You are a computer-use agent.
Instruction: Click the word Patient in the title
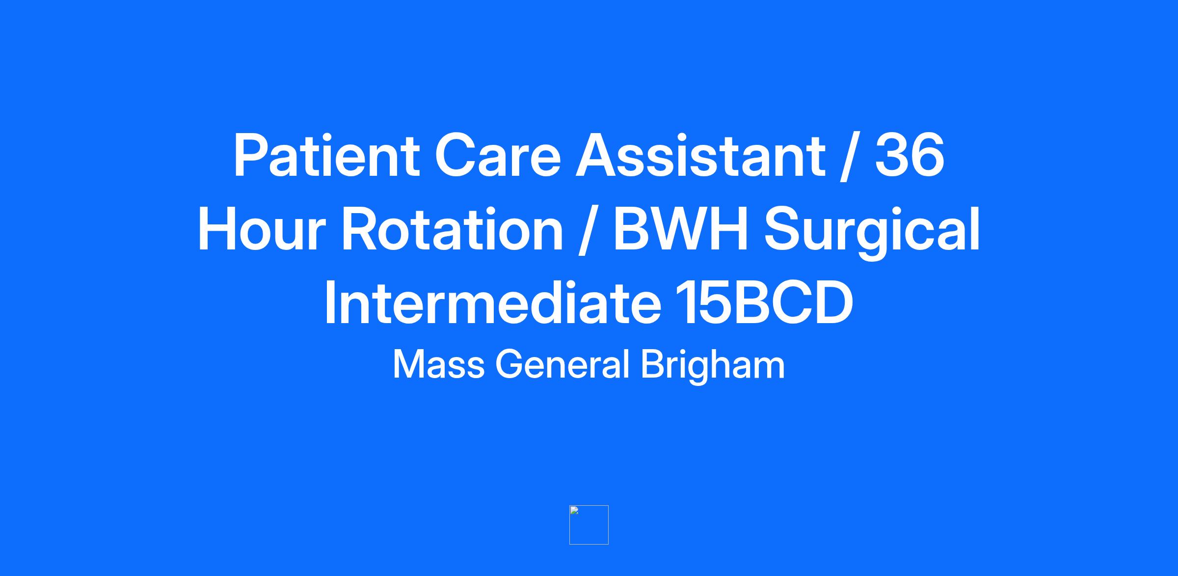click(326, 155)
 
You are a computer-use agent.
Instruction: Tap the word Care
click(498, 155)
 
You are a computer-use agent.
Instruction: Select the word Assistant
click(700, 155)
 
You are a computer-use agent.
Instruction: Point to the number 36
click(910, 155)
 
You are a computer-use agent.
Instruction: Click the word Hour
click(262, 229)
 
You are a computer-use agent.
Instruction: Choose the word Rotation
click(452, 229)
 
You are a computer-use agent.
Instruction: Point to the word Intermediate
click(492, 302)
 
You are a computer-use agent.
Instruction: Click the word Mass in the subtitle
click(439, 365)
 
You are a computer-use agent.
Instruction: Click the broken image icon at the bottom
click(589, 525)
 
